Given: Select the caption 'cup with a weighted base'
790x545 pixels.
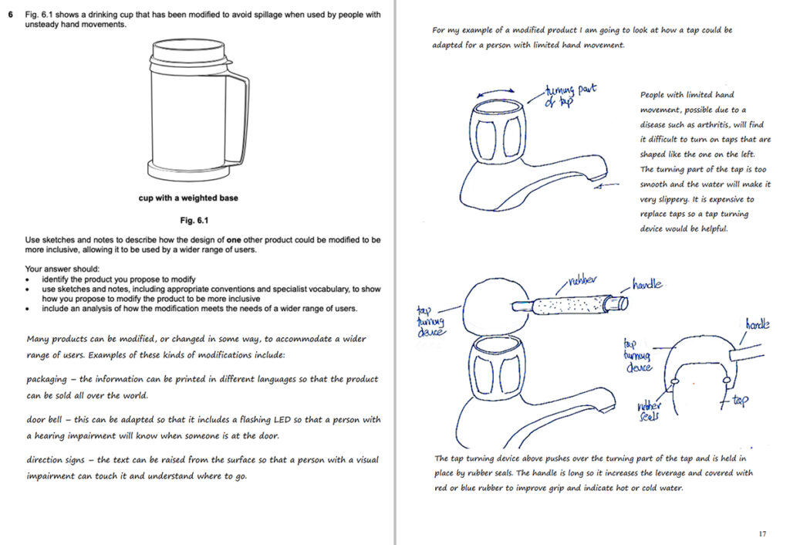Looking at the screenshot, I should click(x=188, y=198).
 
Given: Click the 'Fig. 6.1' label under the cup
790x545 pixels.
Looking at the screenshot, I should click(x=187, y=220).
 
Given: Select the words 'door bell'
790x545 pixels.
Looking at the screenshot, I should click(x=47, y=421).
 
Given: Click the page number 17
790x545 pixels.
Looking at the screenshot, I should click(x=761, y=533).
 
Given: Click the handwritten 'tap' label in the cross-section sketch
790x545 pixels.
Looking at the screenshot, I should click(x=738, y=402).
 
